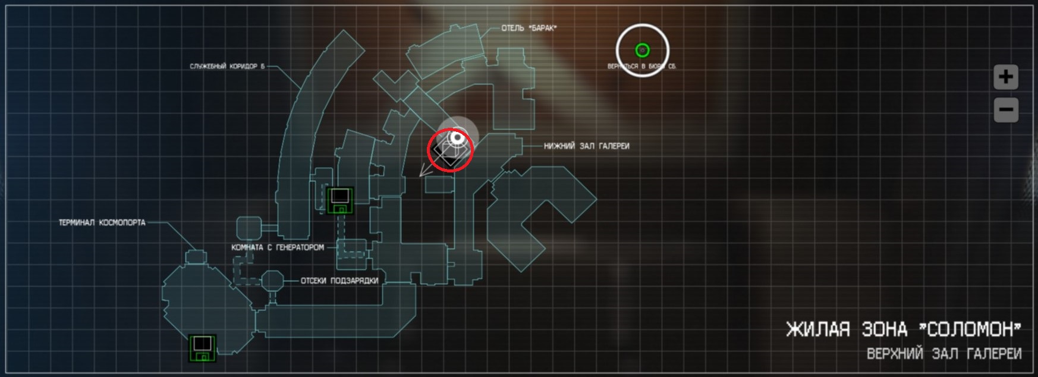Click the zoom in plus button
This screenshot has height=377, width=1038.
coord(1005,77)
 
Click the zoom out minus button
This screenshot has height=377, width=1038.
coord(1005,110)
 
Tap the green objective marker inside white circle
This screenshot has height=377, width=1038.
coord(642,51)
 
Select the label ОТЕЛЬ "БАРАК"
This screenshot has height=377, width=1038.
coord(529,28)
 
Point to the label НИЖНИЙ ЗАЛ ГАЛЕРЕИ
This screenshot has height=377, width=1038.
coord(586,146)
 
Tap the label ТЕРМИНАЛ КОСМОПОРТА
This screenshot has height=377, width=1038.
coord(102,222)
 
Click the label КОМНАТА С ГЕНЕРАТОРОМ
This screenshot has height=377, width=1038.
coord(278,247)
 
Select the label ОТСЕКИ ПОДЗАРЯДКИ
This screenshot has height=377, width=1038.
coord(339,281)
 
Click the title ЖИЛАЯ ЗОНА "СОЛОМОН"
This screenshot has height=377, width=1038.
coord(903,329)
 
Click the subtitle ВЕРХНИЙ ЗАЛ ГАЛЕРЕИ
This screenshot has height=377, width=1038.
coord(943,354)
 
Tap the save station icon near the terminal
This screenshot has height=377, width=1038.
coord(202,348)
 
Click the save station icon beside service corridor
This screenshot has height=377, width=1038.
coord(341,200)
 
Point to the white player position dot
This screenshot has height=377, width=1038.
coord(457,139)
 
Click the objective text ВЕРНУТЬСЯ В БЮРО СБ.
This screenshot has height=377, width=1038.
coord(642,67)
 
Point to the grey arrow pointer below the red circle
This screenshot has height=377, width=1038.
coord(424,171)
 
